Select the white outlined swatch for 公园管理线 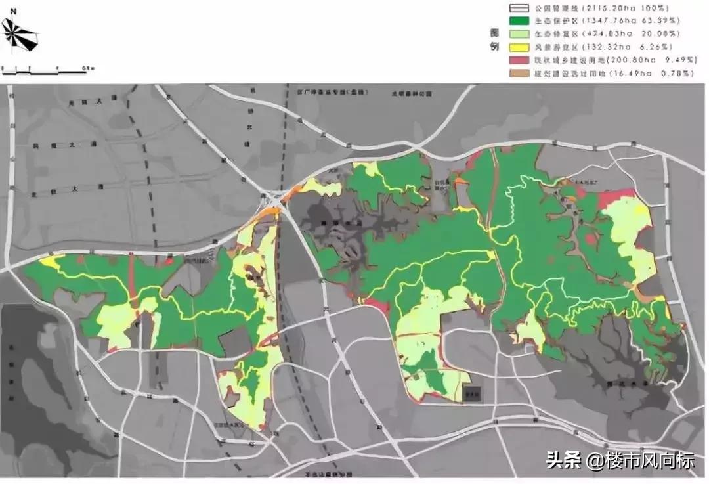(518, 9)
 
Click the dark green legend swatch (518, 22)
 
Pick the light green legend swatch (518, 34)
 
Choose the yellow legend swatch (518, 47)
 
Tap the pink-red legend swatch (518, 60)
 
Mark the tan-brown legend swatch (518, 74)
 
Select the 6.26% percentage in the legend (657, 47)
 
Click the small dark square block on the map (472, 394)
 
